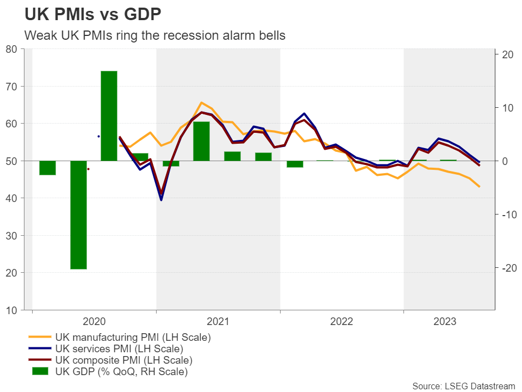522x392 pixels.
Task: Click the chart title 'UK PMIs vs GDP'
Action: tap(92, 14)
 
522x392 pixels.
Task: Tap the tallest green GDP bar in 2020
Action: tap(109, 115)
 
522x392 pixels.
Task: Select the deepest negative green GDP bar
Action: tap(78, 215)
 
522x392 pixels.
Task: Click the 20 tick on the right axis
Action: tap(508, 54)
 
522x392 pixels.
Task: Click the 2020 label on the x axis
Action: tap(94, 321)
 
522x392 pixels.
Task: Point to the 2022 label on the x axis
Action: tap(341, 321)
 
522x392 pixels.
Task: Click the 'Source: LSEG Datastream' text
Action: tap(463, 386)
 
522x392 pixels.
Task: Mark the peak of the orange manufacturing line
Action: tap(201, 102)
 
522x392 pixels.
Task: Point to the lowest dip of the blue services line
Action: tap(161, 200)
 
